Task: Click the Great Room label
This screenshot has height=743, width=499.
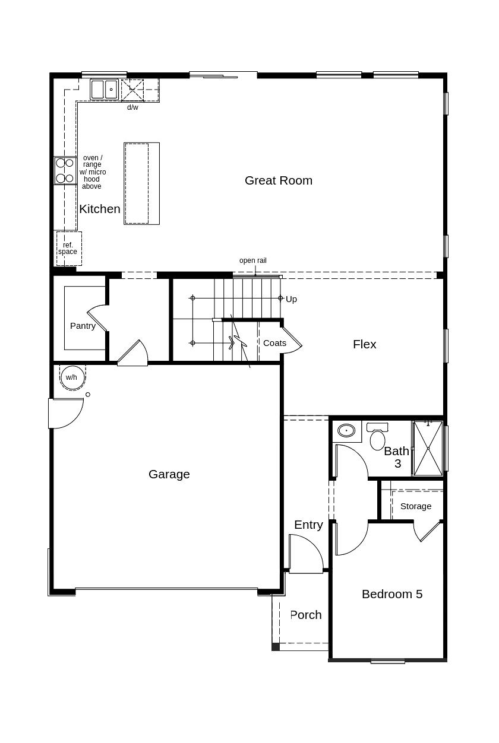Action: coord(278,180)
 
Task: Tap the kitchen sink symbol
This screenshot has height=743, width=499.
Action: coord(105,90)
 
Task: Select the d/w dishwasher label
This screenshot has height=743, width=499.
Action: coord(132,107)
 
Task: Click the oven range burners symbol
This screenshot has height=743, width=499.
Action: coord(65,171)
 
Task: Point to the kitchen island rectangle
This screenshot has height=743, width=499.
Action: coord(141,183)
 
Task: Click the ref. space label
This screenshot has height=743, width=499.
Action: coord(68,249)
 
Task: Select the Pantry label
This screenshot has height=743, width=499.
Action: coord(83,326)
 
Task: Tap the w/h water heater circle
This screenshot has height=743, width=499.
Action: coord(71,377)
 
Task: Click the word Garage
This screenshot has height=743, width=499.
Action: coord(169,474)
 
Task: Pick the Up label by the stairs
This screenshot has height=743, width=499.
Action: coord(291,299)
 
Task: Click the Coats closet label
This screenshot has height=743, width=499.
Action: coord(274,343)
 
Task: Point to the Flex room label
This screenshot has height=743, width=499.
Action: coord(364,344)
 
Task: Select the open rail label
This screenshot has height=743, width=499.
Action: coord(252,261)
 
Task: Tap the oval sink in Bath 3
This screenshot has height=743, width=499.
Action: coord(346,430)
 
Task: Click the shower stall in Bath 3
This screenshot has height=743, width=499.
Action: coord(428,448)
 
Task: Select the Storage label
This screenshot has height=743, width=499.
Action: coord(415,506)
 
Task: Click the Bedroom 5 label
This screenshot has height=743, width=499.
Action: coord(392,594)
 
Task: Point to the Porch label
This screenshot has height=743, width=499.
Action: coord(306,615)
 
